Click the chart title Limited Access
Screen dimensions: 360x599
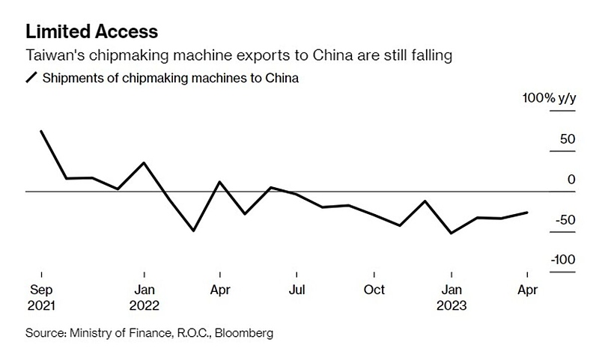91,31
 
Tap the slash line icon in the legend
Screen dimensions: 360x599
31,78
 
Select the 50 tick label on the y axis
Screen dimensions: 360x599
565,139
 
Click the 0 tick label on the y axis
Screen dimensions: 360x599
571,180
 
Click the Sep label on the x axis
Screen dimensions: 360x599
41,290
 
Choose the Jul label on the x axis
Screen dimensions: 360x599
297,290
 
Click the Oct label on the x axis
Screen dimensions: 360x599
374,290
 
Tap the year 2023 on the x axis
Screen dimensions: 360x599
451,305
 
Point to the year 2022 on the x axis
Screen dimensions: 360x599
145,305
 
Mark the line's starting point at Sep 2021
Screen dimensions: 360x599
41,131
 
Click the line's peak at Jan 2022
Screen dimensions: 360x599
143,162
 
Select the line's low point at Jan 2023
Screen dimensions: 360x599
451,233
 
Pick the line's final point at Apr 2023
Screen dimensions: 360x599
527,213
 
